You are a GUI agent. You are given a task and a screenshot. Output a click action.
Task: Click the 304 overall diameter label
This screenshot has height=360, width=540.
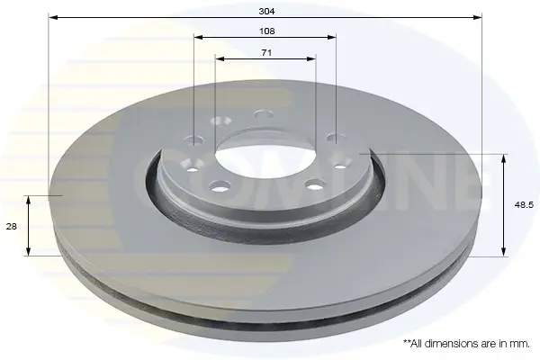(x=266, y=12)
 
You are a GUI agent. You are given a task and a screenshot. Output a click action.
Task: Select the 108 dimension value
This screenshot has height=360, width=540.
(x=266, y=31)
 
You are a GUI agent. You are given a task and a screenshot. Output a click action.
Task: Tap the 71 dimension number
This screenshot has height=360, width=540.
(x=266, y=53)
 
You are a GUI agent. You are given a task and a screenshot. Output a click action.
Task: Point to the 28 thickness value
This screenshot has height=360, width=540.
(x=12, y=227)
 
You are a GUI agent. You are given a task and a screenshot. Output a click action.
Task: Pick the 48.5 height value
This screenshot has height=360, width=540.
(x=524, y=205)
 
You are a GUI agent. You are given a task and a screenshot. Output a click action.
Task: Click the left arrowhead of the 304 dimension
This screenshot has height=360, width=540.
(x=53, y=17)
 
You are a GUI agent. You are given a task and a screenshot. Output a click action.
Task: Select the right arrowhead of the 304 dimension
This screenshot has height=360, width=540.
(x=478, y=17)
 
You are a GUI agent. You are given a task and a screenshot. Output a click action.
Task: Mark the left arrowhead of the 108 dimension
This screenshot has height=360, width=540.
(x=198, y=37)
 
